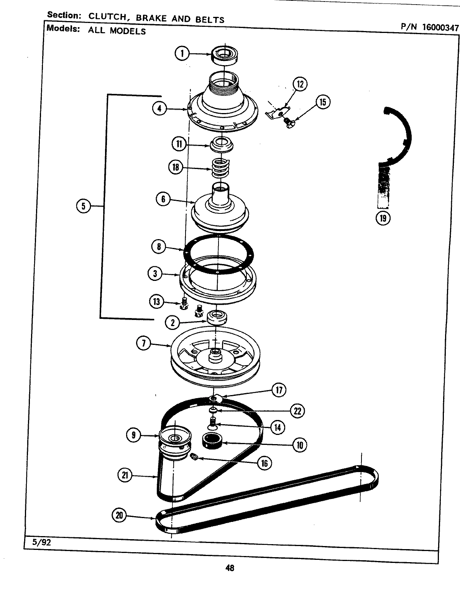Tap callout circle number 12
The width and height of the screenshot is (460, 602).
pyautogui.click(x=300, y=84)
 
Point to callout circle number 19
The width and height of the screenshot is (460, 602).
pyautogui.click(x=383, y=218)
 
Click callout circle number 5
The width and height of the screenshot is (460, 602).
pyautogui.click(x=83, y=207)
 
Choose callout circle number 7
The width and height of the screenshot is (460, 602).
pyautogui.click(x=144, y=344)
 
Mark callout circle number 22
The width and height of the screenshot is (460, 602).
pyautogui.click(x=297, y=411)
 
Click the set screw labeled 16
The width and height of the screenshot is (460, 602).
pyautogui.click(x=194, y=457)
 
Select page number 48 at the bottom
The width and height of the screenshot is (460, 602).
pyautogui.click(x=230, y=568)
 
